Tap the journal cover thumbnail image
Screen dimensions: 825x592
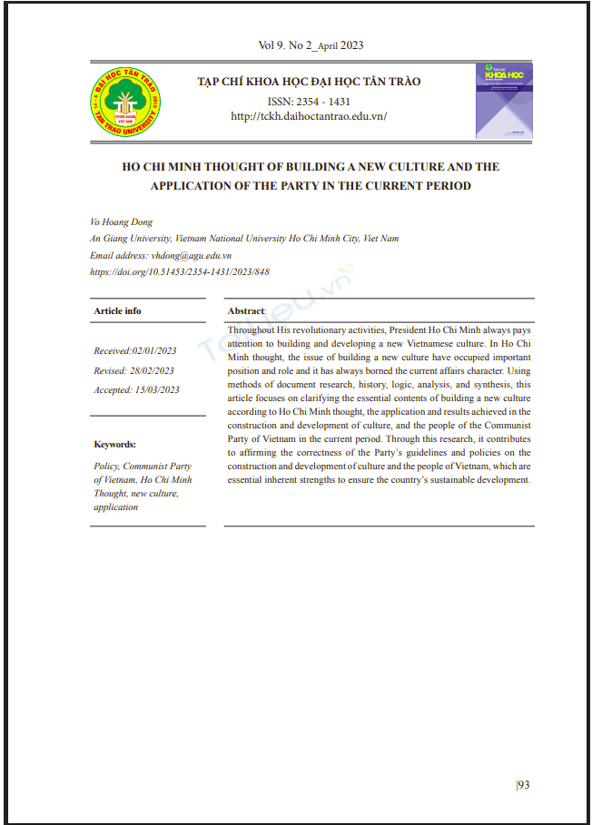[x=504, y=101]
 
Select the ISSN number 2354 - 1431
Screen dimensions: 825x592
[x=310, y=102]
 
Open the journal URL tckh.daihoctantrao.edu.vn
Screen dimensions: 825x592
[x=310, y=116]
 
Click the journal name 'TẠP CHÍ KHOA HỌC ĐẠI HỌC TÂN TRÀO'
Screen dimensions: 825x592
[x=310, y=82]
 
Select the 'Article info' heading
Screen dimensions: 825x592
[x=118, y=310]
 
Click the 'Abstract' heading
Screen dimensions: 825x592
[x=246, y=310]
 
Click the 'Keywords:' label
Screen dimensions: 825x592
[x=115, y=444]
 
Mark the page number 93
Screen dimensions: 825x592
[x=523, y=784]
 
